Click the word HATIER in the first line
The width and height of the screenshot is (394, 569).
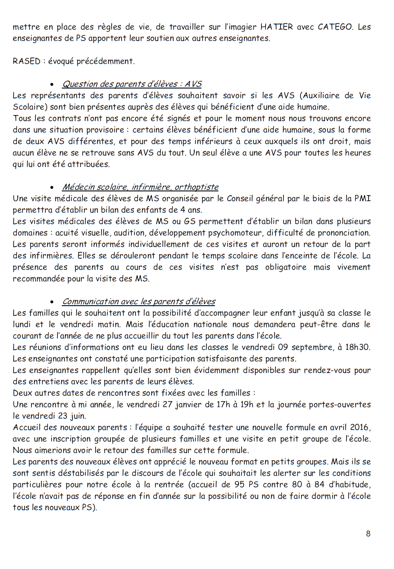[x=276, y=27]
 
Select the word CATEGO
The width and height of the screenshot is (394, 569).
[x=335, y=27]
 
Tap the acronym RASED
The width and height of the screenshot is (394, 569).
[x=26, y=61]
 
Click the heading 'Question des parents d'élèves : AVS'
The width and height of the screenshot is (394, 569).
[x=132, y=84]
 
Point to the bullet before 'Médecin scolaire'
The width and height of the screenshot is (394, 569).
[x=52, y=188]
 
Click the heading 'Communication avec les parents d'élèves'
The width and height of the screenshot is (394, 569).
[x=138, y=302]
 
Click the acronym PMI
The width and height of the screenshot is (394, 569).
[x=362, y=199]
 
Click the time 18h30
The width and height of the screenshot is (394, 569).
[x=358, y=347]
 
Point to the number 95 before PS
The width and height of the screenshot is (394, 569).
[x=240, y=484]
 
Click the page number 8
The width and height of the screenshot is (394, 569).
[x=368, y=533]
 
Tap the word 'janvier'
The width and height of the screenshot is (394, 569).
[x=189, y=404]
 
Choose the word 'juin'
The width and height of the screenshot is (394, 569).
[x=78, y=416]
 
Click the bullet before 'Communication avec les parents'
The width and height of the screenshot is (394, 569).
[x=52, y=302]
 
